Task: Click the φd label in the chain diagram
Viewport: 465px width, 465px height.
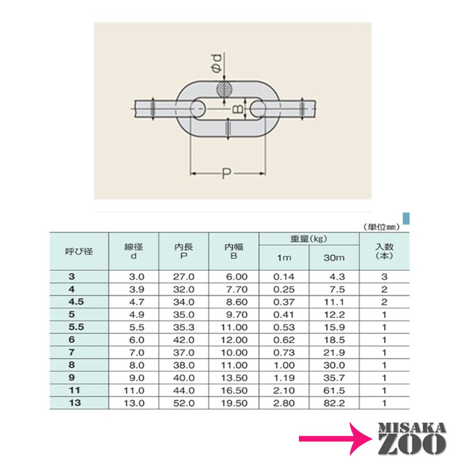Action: (217, 63)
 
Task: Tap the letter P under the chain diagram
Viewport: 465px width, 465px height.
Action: (226, 173)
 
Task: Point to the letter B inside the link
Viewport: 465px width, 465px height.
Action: (238, 109)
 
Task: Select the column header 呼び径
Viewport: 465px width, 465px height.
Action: (79, 252)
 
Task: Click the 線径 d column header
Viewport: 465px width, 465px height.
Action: (133, 251)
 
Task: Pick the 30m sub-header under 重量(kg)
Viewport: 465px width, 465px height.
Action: (334, 258)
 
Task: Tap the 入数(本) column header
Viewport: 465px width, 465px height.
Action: (384, 251)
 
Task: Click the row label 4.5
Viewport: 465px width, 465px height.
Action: (76, 302)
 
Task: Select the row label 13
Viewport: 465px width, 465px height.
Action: (75, 403)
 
